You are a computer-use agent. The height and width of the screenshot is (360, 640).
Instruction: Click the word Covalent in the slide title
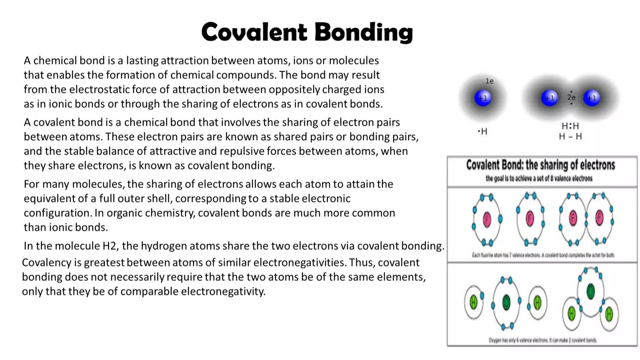[254, 32]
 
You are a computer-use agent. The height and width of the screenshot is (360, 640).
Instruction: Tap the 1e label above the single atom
[489, 81]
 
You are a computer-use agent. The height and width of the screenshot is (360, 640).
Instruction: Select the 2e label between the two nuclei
[571, 97]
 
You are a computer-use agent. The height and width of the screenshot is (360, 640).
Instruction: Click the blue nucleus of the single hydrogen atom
[483, 98]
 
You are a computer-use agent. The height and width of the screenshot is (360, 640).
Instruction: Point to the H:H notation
[570, 126]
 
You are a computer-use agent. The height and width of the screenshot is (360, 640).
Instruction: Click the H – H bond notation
[570, 137]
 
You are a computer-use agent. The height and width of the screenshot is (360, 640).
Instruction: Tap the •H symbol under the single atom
[482, 131]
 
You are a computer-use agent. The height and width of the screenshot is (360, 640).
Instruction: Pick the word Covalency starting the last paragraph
[46, 262]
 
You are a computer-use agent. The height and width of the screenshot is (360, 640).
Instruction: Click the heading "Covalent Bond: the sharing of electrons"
[541, 165]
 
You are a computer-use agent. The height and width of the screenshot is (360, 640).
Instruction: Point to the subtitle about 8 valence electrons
[539, 178]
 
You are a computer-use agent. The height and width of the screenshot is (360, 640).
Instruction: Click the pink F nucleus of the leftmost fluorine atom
[487, 219]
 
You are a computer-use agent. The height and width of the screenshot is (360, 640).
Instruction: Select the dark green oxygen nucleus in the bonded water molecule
[590, 291]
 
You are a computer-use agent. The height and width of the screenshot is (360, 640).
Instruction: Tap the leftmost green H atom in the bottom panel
[473, 302]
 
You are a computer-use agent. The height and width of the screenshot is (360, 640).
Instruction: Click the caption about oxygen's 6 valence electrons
[542, 340]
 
